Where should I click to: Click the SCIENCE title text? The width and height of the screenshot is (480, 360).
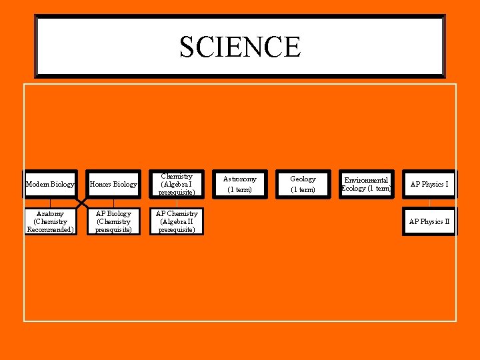pos(240,47)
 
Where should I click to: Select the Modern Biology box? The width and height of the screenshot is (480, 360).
pos(50,184)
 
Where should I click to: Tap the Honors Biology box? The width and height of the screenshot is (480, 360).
pos(113,184)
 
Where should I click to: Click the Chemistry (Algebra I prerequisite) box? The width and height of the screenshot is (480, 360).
pos(177,184)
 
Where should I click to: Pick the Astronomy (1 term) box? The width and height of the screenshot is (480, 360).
pos(240,184)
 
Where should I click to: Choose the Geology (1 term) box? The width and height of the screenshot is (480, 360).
pos(303,184)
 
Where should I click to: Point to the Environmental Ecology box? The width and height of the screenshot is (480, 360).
pos(365,184)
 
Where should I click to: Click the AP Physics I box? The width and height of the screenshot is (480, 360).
pos(429,184)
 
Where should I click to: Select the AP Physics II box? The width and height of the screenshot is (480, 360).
pos(429,221)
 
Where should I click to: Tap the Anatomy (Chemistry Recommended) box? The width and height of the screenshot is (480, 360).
pos(50,221)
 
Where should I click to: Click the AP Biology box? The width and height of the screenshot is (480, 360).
pos(113,221)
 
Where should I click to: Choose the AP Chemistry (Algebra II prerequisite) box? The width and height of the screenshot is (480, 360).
pos(177,221)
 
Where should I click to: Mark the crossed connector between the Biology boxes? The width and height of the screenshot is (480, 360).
pos(82,203)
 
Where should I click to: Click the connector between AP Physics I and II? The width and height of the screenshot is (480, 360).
pos(429,203)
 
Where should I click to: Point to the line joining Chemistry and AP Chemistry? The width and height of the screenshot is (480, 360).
pos(177,203)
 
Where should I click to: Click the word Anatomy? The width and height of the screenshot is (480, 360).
pos(50,214)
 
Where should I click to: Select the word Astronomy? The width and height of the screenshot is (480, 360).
pos(240,179)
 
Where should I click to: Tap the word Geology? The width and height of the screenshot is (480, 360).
pos(303,179)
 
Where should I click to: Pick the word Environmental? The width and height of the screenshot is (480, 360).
pos(365,180)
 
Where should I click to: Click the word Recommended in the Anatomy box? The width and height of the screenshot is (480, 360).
pos(50,230)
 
